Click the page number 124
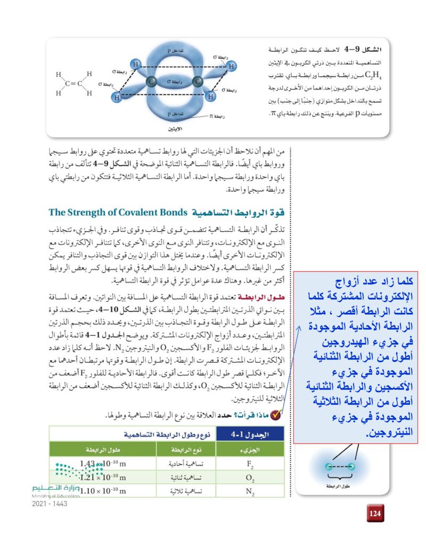[375, 514]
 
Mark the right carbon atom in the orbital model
[198, 82]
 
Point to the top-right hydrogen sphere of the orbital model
[231, 66]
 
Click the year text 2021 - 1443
[49, 504]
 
